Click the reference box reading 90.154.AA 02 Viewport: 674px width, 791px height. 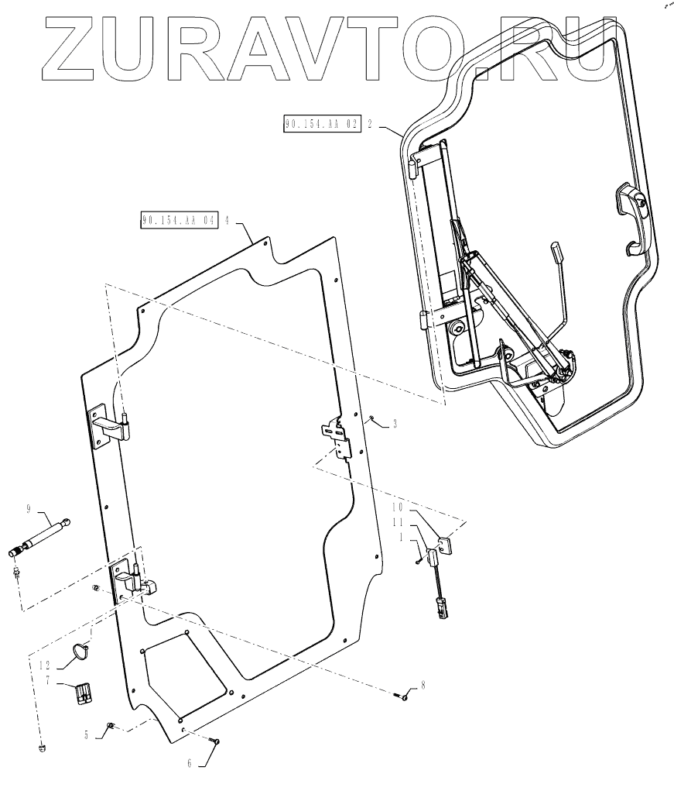point(323,124)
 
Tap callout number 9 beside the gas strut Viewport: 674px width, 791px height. point(28,509)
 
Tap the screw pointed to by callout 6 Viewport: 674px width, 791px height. point(217,742)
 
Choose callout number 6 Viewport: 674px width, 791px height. point(190,762)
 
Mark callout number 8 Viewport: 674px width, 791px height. point(423,685)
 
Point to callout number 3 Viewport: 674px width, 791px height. point(395,423)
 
